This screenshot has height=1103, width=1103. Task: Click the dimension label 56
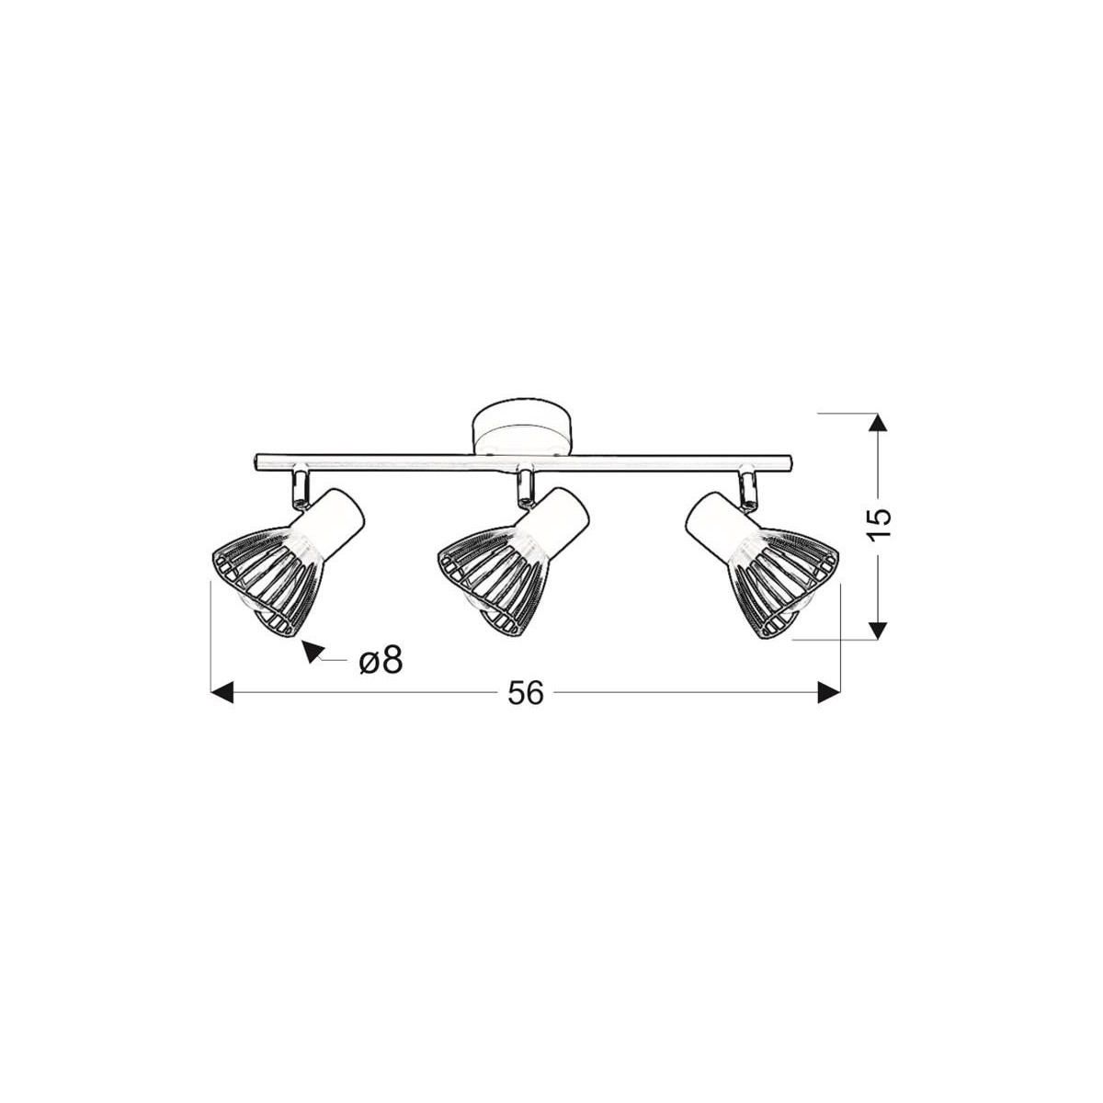tap(525, 692)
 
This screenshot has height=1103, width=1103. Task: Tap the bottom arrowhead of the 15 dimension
tap(880, 630)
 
